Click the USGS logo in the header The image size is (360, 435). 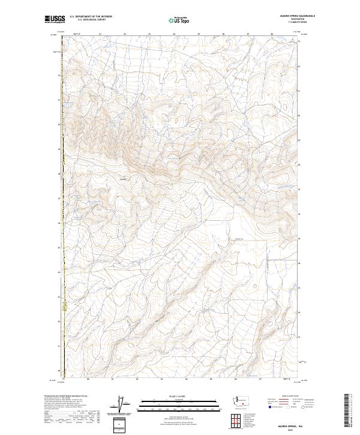pos(55,19)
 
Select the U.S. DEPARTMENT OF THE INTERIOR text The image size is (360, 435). pos(91,17)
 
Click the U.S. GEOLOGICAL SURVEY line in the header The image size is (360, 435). pos(91,20)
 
